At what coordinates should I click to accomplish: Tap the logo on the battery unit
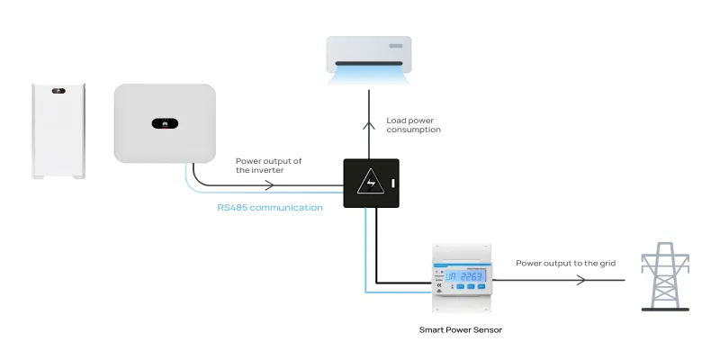coord(60,91)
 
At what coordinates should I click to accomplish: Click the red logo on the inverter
coord(165,122)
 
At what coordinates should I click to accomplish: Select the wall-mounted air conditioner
coord(368,55)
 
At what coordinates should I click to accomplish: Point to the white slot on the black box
coord(393,185)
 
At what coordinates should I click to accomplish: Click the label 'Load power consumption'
coord(413,124)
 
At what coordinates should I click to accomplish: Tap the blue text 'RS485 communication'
coord(270,208)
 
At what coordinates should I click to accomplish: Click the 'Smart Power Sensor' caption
coord(461,330)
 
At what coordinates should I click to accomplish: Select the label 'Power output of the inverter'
coord(268,166)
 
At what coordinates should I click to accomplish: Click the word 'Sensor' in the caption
coord(487,330)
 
